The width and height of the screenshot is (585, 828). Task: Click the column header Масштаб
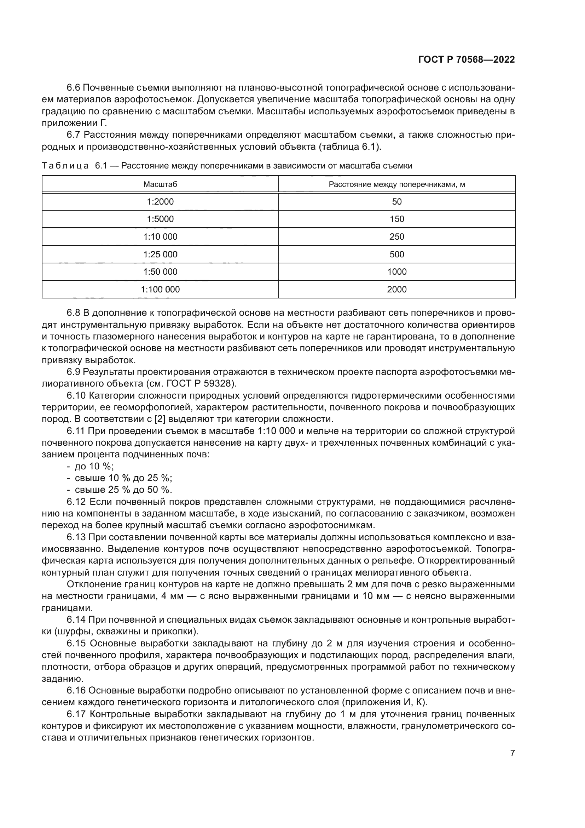click(x=160, y=185)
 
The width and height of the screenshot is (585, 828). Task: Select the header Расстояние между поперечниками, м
click(x=396, y=185)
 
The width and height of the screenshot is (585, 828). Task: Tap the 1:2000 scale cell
click(x=160, y=201)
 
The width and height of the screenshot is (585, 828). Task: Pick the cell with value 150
click(x=396, y=219)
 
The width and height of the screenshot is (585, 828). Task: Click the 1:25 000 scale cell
click(x=160, y=255)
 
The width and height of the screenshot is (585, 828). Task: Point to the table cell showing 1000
click(x=396, y=272)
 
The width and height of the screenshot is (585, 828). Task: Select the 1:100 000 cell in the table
click(x=160, y=290)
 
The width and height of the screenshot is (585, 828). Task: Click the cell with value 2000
click(x=396, y=290)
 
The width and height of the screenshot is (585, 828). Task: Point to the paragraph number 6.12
click(x=76, y=502)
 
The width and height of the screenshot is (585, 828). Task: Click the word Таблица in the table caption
click(x=65, y=166)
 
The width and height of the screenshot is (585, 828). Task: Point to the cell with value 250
click(x=396, y=237)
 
